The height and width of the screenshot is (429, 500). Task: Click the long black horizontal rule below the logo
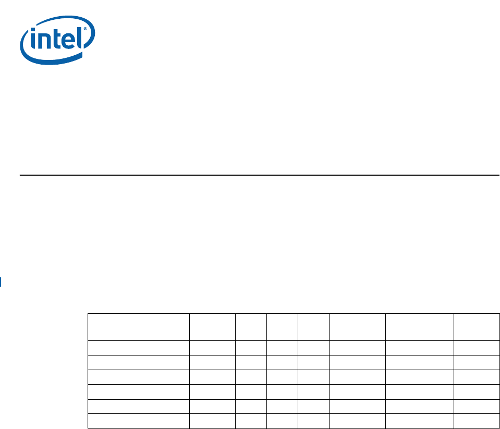[x=260, y=175]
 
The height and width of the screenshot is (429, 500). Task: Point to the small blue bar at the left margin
[x=1, y=283]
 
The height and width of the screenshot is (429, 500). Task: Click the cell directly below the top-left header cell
[x=138, y=348]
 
